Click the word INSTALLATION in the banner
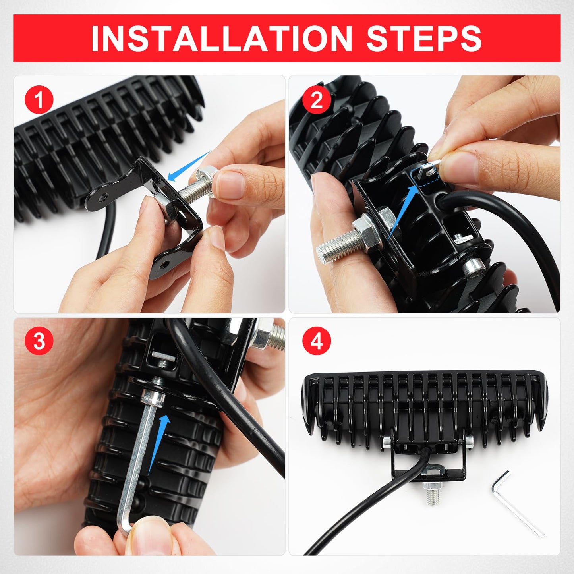click(x=222, y=39)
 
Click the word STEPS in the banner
click(x=424, y=39)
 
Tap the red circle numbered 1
click(x=39, y=100)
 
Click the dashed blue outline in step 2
click(x=423, y=177)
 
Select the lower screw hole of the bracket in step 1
click(x=164, y=265)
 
